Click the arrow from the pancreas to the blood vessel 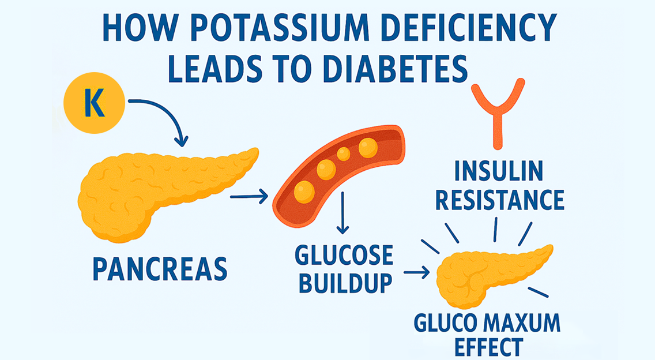[249, 198]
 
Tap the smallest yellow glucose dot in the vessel [343, 154]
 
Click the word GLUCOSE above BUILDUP [344, 256]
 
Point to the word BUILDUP [344, 283]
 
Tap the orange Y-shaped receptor [498, 110]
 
